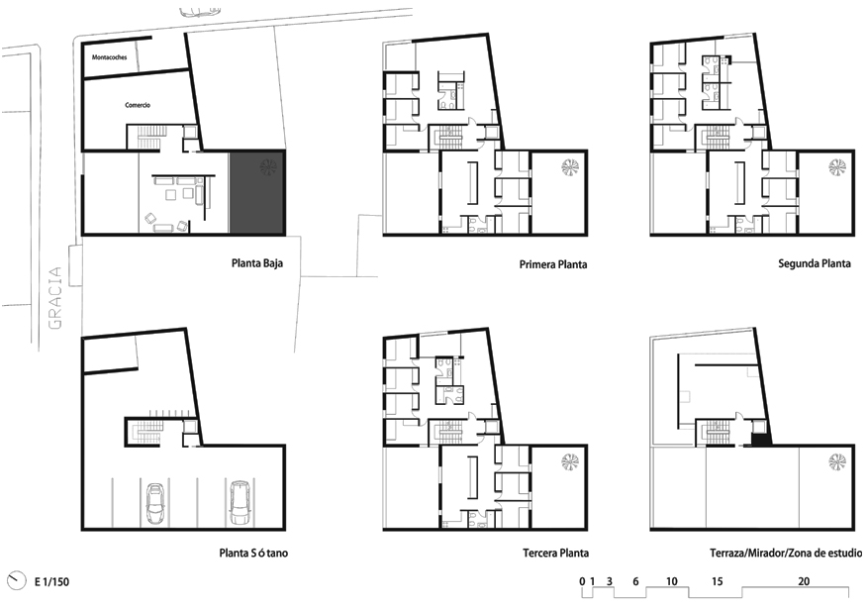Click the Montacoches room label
(x=110, y=57)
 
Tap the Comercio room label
(x=138, y=105)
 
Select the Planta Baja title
(x=257, y=262)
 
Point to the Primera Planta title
(x=553, y=264)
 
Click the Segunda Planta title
(x=815, y=263)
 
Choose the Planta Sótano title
(x=253, y=553)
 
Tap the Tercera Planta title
(x=555, y=553)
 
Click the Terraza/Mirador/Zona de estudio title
(x=786, y=553)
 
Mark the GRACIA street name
(x=55, y=298)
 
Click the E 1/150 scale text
(x=52, y=581)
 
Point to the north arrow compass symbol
(x=17, y=581)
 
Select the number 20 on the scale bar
(x=804, y=581)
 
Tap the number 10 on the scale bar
(x=671, y=581)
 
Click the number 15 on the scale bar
(x=718, y=581)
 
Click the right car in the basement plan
(x=240, y=503)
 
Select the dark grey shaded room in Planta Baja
(x=256, y=192)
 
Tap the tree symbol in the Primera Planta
(x=568, y=167)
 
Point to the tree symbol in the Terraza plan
(x=837, y=461)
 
